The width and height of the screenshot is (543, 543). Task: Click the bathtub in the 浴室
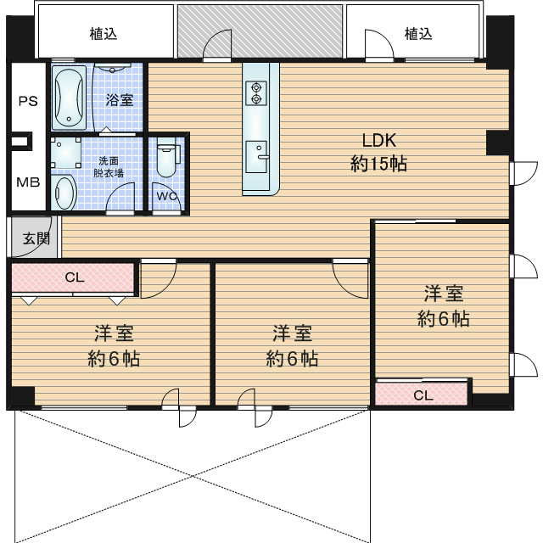(69, 98)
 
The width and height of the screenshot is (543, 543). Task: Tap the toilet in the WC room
(167, 157)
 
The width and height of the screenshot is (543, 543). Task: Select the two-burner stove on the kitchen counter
(256, 92)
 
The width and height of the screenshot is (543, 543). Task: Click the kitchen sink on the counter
(256, 156)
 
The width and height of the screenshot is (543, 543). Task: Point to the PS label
(28, 101)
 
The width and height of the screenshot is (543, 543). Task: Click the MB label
(28, 182)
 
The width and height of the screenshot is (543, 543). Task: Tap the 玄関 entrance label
(36, 238)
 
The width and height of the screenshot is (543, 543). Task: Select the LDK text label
(379, 141)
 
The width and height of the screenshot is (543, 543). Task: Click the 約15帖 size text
(378, 164)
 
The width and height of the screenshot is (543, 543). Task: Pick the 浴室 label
(120, 100)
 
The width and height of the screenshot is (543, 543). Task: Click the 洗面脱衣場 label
(108, 167)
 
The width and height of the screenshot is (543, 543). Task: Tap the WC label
(167, 196)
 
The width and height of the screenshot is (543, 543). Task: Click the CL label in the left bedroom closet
(75, 277)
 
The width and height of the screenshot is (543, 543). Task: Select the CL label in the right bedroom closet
(423, 395)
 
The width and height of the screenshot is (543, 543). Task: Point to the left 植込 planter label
(104, 34)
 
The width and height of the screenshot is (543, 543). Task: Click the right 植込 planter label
(418, 34)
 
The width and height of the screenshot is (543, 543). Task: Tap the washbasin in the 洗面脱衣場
(64, 193)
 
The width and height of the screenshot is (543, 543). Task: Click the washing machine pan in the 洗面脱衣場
(66, 153)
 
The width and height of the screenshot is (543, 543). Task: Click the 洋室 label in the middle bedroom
(292, 333)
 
